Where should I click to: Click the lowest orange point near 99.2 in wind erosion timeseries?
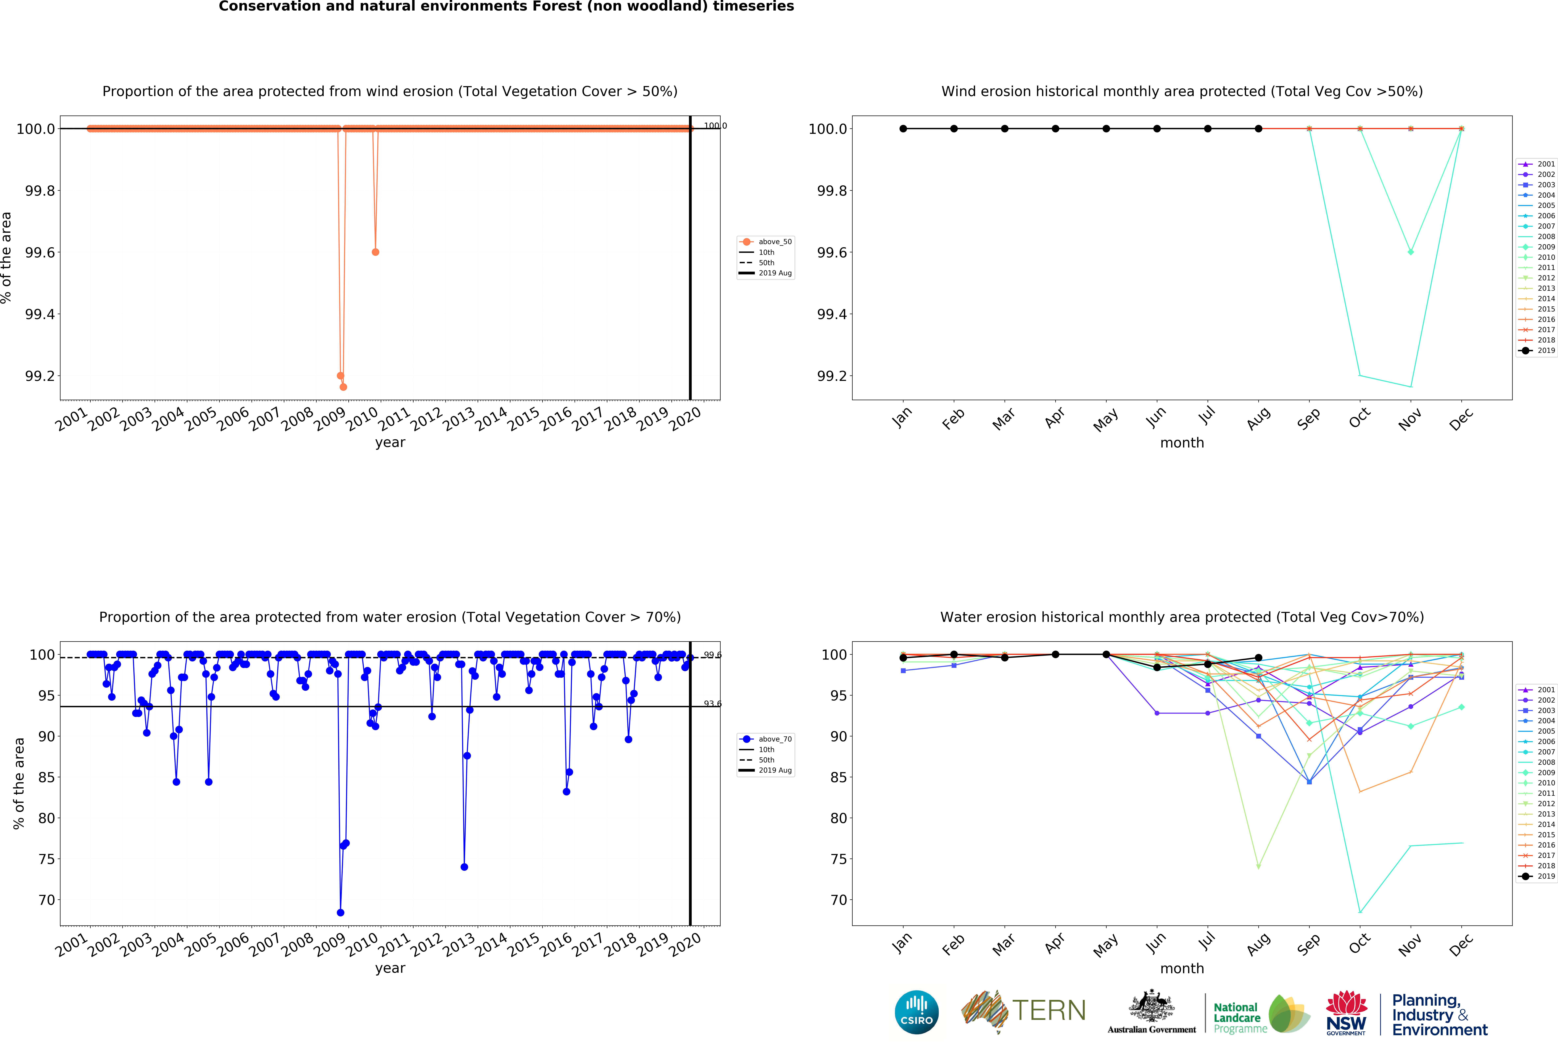[343, 387]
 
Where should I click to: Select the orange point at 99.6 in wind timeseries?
[375, 252]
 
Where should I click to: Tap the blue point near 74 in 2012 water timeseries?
[464, 867]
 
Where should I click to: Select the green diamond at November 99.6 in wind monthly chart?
[1410, 252]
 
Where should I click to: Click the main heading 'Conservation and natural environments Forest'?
[506, 7]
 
